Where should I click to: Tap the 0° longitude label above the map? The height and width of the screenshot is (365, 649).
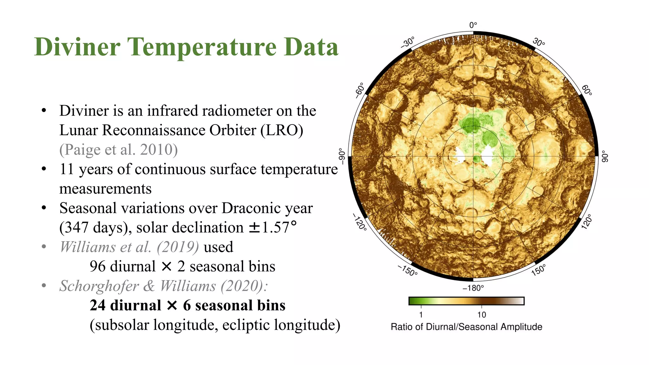[x=473, y=25]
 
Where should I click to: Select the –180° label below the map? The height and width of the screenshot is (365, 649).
[x=473, y=288]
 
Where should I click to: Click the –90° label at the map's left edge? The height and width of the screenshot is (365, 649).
[x=342, y=156]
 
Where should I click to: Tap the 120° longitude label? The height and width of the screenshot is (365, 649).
[x=587, y=221]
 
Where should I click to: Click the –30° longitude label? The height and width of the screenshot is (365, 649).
[x=407, y=42]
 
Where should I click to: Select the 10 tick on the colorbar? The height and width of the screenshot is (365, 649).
[x=481, y=315]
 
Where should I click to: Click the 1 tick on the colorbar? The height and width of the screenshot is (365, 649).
[x=421, y=315]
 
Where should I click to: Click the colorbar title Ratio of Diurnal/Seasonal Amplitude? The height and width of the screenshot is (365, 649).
[x=466, y=327]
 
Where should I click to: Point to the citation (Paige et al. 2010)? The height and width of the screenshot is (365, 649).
[x=119, y=150]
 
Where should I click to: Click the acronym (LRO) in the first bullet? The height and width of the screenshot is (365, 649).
[x=282, y=130]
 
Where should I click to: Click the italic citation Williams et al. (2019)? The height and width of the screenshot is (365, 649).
[x=129, y=247]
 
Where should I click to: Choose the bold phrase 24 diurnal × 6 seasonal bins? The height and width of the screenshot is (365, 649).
[x=188, y=305]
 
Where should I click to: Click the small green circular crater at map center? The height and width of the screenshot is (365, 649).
[x=477, y=159]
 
